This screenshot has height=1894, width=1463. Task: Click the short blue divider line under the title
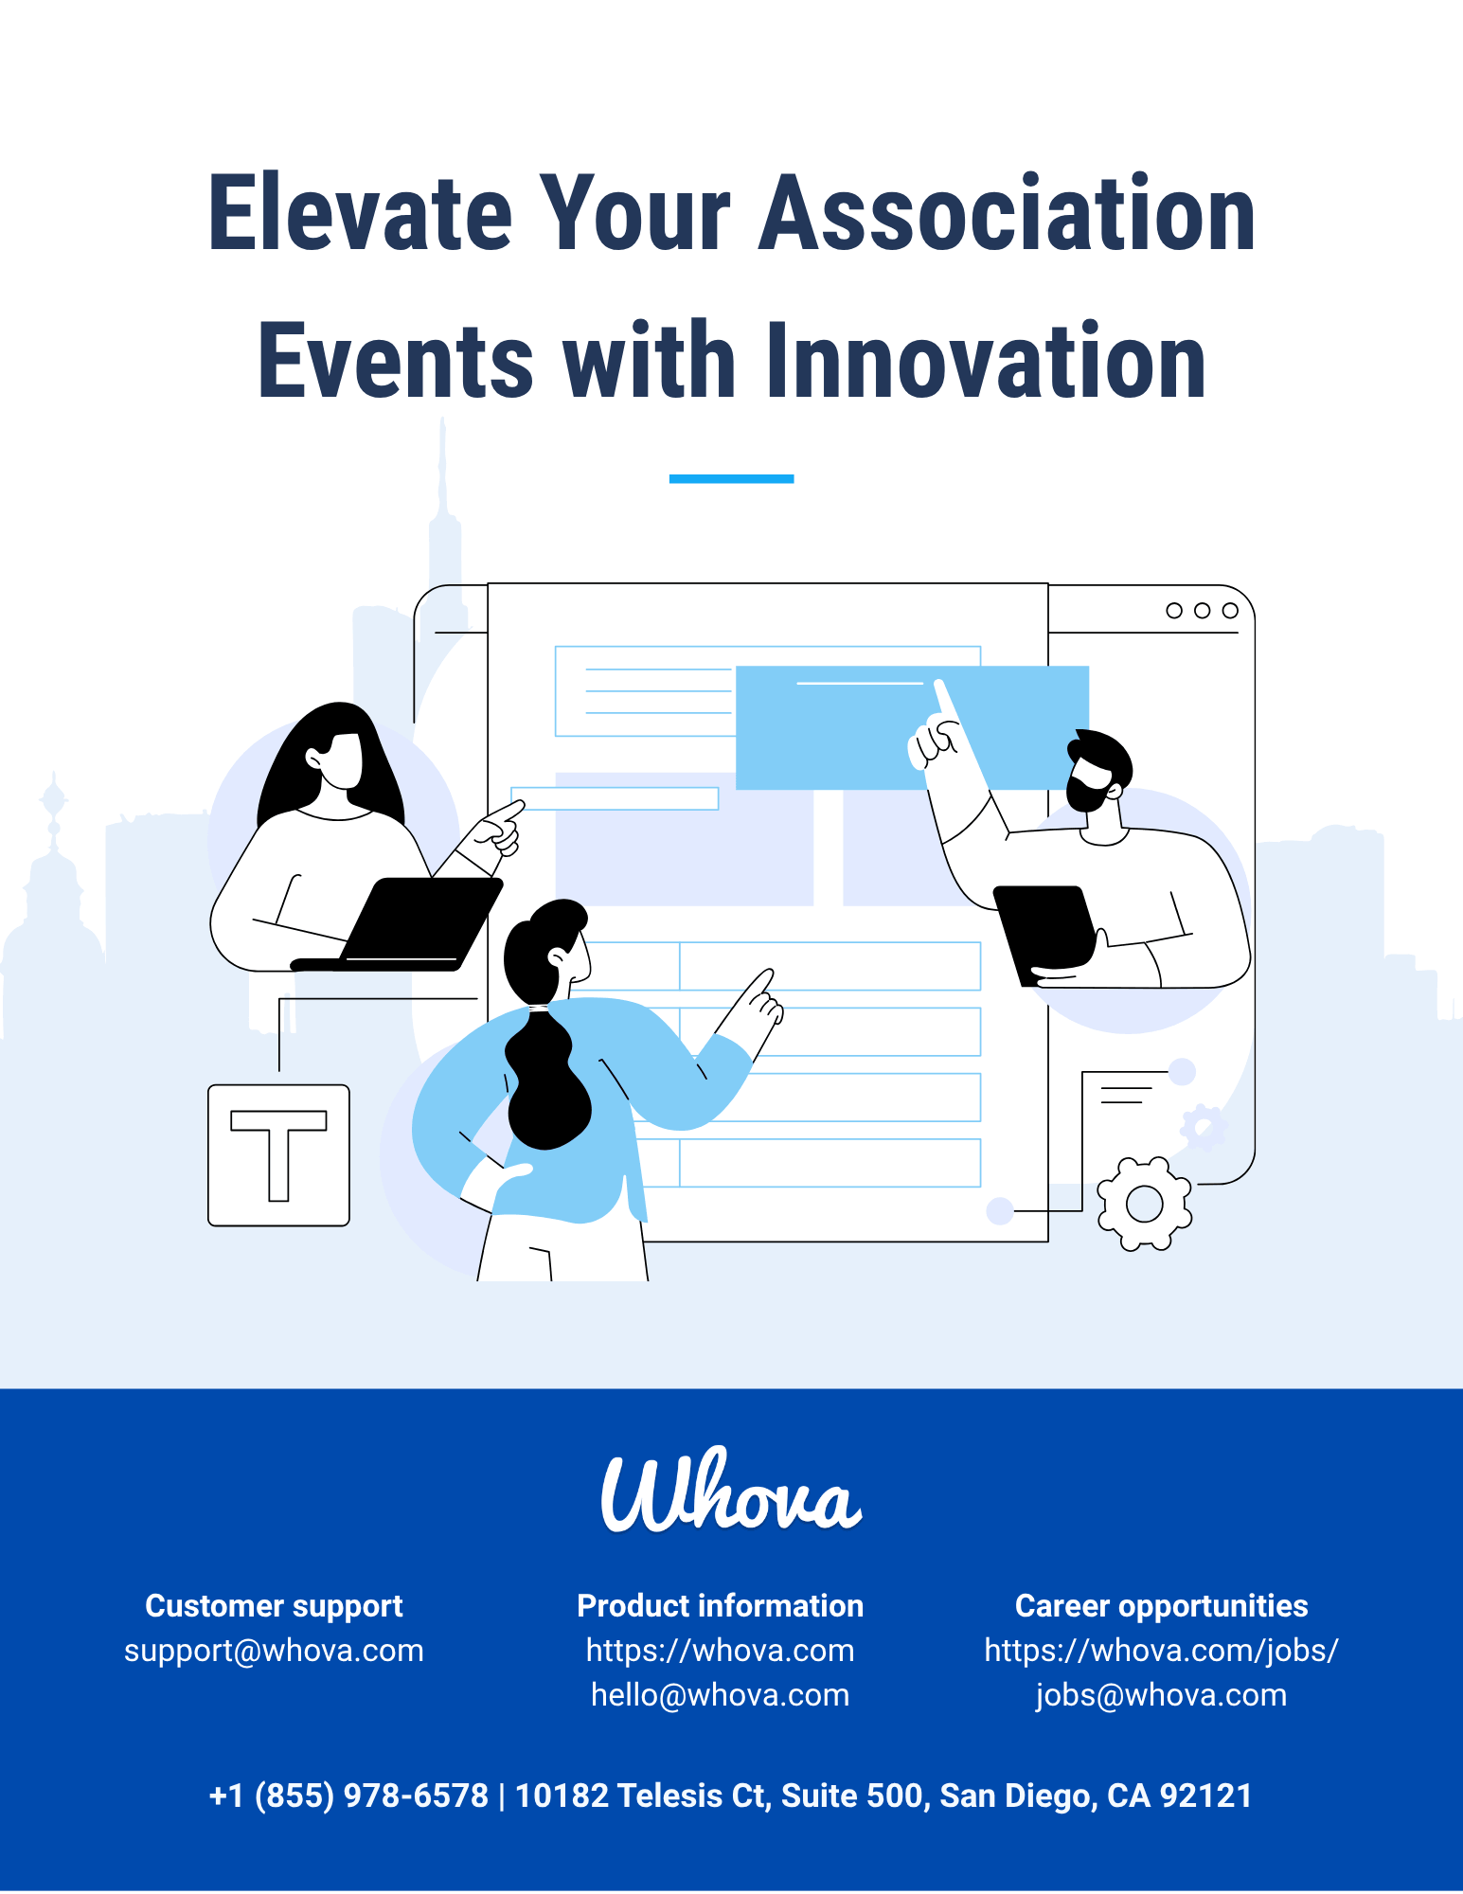coord(731,478)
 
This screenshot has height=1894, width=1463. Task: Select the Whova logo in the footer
coord(731,1491)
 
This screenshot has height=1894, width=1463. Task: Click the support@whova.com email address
coord(274,1651)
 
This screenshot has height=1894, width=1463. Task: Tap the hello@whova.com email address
coord(720,1695)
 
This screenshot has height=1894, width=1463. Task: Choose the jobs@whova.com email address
coord(1161,1695)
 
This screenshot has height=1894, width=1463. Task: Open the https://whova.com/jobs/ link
coord(1161,1651)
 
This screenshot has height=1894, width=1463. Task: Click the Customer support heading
coord(274,1606)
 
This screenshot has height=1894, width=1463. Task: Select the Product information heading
coord(720,1606)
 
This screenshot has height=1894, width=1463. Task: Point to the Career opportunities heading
coord(1161,1606)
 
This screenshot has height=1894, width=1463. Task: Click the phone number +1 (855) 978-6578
coord(348,1796)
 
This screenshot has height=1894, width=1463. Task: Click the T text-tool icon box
coord(278,1155)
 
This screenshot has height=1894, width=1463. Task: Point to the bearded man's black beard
coord(1085,794)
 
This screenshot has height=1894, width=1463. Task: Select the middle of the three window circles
coord(1202,611)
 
